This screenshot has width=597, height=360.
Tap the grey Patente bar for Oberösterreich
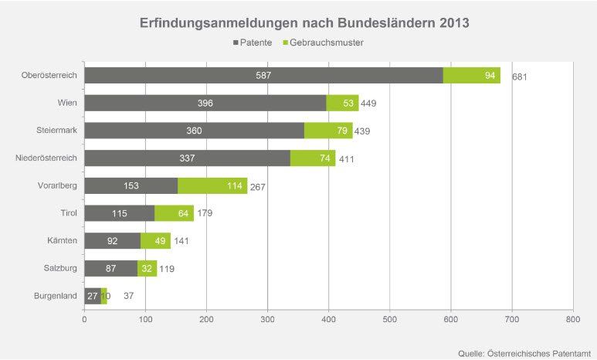(x=263, y=76)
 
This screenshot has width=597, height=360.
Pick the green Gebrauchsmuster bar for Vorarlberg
(x=212, y=186)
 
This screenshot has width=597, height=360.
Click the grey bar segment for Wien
(x=205, y=103)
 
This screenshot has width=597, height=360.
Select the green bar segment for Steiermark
(x=328, y=131)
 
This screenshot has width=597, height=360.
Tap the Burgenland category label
(x=54, y=296)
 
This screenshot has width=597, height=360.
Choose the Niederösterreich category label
(x=46, y=158)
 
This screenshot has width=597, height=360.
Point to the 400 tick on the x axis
(x=328, y=317)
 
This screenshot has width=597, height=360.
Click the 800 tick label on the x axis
(x=572, y=317)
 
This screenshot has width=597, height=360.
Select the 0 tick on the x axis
(x=84, y=317)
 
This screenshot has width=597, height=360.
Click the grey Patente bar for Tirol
(x=119, y=213)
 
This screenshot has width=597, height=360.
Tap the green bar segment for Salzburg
(x=147, y=268)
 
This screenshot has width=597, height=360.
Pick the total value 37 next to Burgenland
(x=129, y=297)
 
